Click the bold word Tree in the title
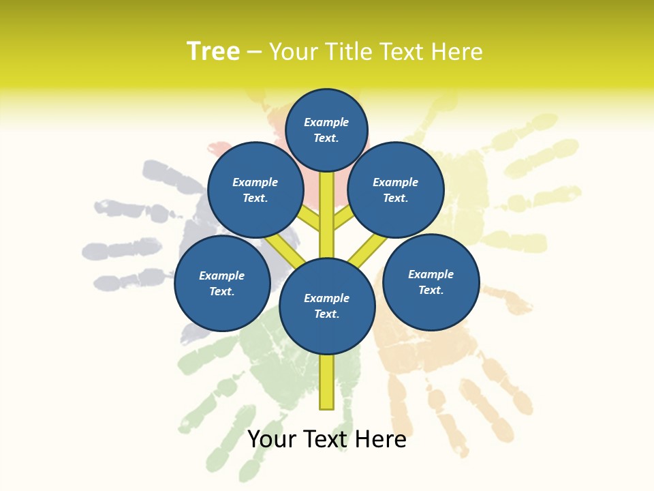coord(213,52)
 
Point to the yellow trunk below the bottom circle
coord(327,382)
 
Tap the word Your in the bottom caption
coord(272,440)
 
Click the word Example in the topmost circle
coord(326,123)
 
